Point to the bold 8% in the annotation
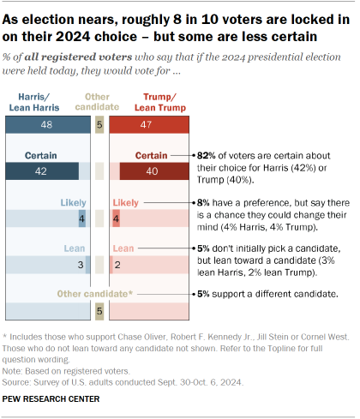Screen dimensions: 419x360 (x=203, y=199)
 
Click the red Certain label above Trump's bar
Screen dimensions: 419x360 (x=152, y=155)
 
